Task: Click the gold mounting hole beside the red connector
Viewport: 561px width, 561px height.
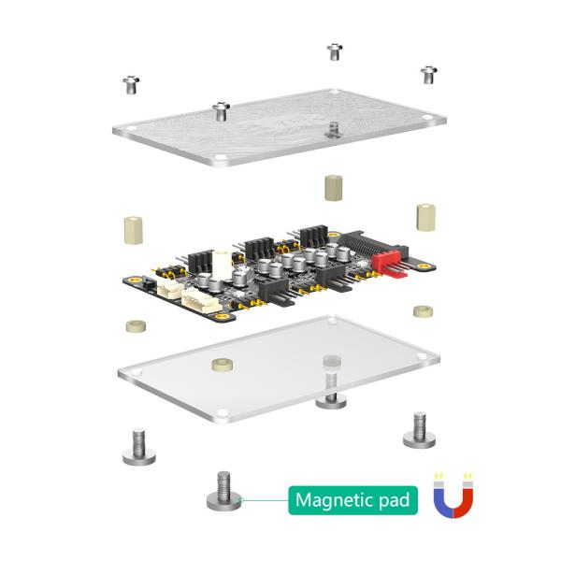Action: click(x=423, y=266)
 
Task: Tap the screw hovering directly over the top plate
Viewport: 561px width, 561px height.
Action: click(x=222, y=111)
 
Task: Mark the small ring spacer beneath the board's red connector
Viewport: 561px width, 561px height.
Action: click(x=422, y=309)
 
